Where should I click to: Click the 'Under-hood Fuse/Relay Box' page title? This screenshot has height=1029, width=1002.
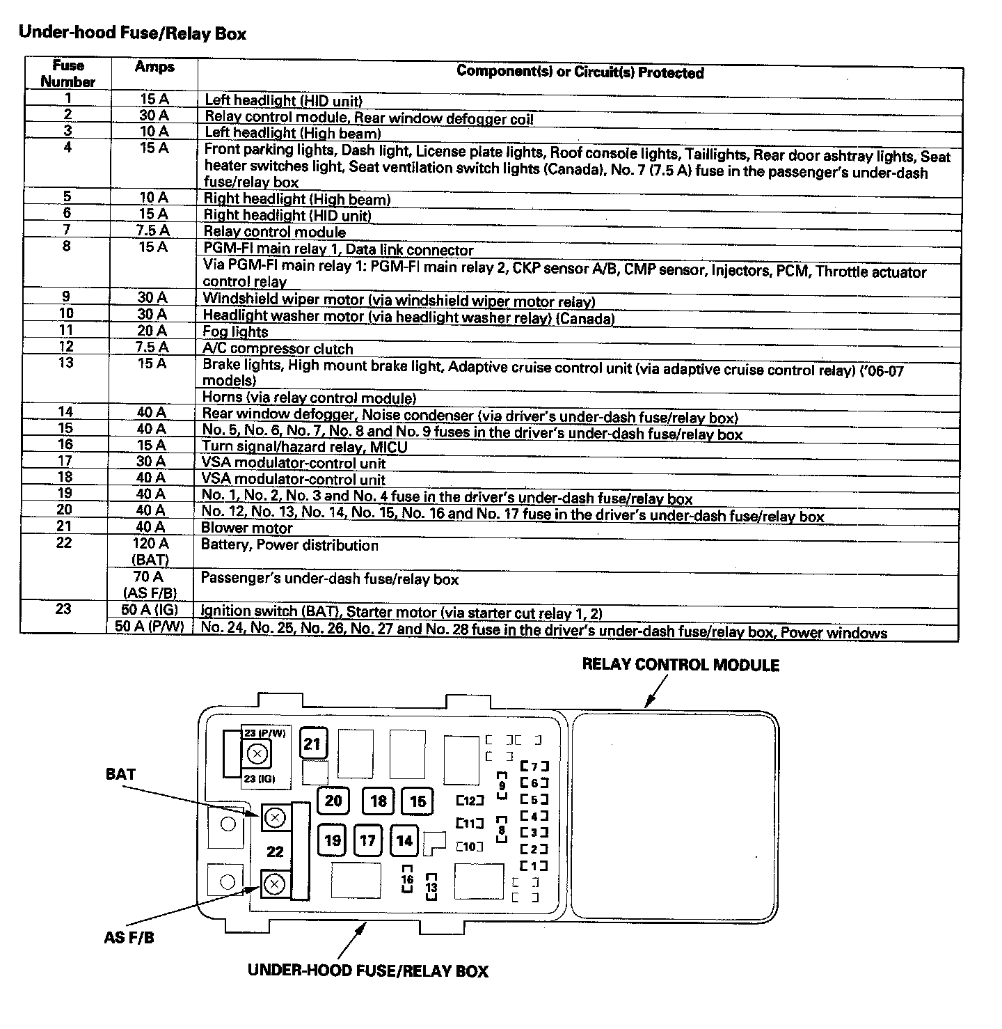(132, 33)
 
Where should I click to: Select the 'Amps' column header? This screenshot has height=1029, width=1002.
(154, 67)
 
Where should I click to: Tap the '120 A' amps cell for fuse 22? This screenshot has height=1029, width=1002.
(150, 543)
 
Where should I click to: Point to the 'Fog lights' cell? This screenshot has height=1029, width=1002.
(235, 331)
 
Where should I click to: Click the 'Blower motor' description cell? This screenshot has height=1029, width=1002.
(247, 528)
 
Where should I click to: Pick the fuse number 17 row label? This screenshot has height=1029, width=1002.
(65, 461)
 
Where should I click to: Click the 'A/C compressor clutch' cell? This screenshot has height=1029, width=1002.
(278, 348)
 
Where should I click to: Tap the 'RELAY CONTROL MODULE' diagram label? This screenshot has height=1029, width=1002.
(680, 665)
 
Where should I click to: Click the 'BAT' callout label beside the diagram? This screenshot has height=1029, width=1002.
(120, 773)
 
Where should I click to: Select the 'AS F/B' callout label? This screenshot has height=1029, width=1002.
(129, 937)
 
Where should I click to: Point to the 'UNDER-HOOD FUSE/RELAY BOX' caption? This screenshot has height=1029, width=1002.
(367, 971)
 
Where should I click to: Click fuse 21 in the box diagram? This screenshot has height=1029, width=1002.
(312, 744)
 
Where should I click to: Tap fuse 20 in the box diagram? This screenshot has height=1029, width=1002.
(333, 801)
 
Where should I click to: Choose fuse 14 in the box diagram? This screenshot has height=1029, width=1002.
(404, 840)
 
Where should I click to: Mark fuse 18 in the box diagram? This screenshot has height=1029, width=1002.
(378, 801)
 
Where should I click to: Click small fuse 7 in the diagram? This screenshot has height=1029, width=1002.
(534, 766)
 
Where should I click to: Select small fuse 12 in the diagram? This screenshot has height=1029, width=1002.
(470, 801)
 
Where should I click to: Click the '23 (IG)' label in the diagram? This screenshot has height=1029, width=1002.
(259, 778)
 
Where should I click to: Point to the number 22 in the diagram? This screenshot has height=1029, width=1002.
(275, 851)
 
